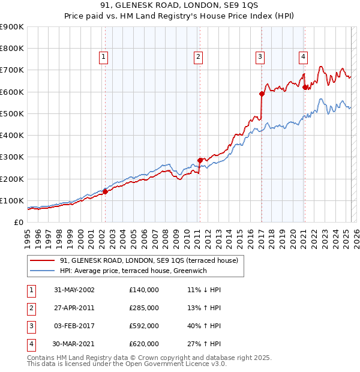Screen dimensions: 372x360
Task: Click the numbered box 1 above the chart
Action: coord(104,57)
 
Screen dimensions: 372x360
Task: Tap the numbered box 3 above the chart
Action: coord(260,57)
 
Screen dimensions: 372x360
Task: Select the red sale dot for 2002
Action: coord(105,191)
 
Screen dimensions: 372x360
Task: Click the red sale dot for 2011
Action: coord(200,160)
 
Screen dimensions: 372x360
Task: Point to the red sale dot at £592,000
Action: coord(262,94)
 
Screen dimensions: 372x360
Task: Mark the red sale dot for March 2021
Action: coord(305,87)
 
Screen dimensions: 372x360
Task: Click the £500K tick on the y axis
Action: coord(11,113)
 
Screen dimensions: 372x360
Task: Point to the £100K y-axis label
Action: coord(11,200)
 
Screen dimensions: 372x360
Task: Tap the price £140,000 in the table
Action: coord(144,289)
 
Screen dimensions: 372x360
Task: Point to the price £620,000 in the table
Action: coord(144,344)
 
